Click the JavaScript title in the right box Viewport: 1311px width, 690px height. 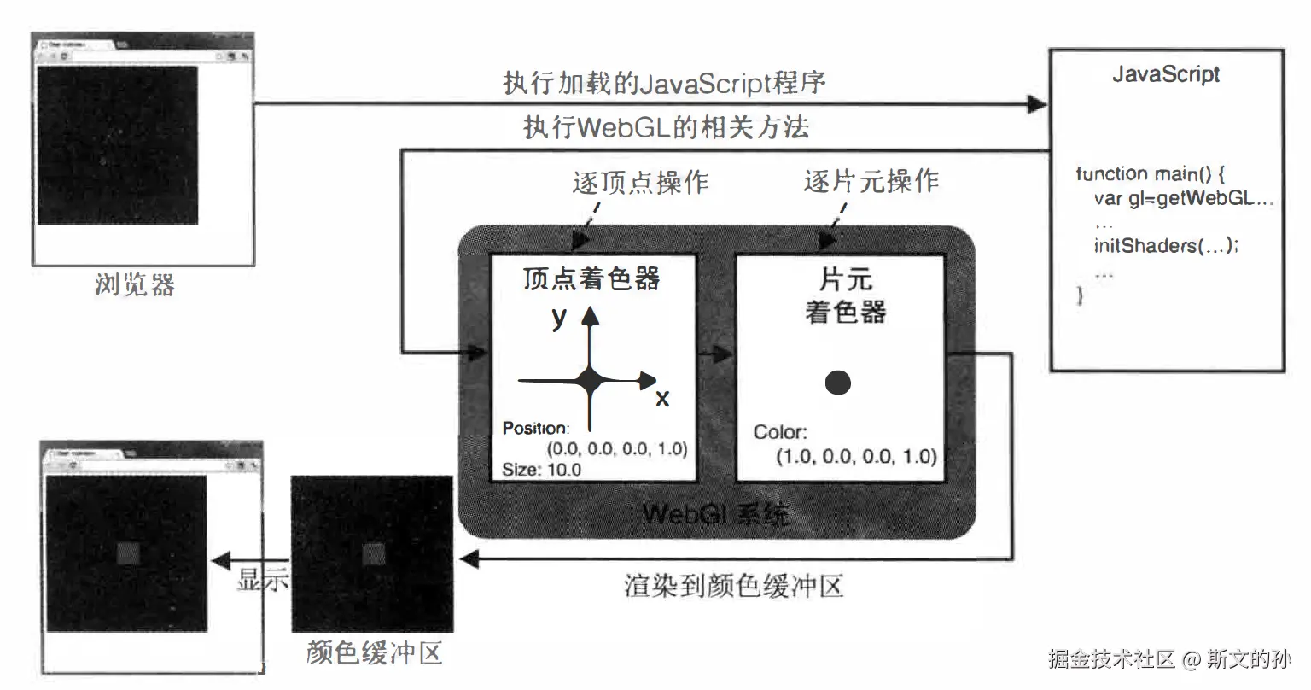[x=1165, y=74]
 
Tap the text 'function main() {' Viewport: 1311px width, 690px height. [x=1150, y=174]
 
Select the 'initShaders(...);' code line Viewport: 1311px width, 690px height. [x=1166, y=246]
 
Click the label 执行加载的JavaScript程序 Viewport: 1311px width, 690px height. [x=664, y=84]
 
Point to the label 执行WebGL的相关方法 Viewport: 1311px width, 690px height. [x=666, y=128]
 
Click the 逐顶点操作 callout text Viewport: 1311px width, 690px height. [x=640, y=182]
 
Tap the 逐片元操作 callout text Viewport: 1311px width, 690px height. [x=871, y=181]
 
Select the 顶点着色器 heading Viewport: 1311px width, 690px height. [x=591, y=279]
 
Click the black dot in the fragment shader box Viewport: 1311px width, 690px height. [x=838, y=382]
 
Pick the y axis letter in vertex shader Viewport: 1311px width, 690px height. [x=559, y=317]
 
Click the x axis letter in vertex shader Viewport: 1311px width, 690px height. [x=662, y=398]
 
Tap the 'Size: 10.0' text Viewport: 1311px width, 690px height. [x=541, y=469]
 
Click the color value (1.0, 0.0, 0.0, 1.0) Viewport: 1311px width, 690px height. [x=856, y=456]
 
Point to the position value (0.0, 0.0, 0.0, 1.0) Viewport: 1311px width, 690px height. [x=617, y=448]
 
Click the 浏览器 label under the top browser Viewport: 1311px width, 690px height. [x=135, y=284]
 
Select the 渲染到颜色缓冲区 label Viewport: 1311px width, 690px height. [x=734, y=587]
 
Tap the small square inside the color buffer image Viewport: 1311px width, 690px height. [x=374, y=554]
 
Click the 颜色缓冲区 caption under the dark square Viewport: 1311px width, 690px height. [x=374, y=653]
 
